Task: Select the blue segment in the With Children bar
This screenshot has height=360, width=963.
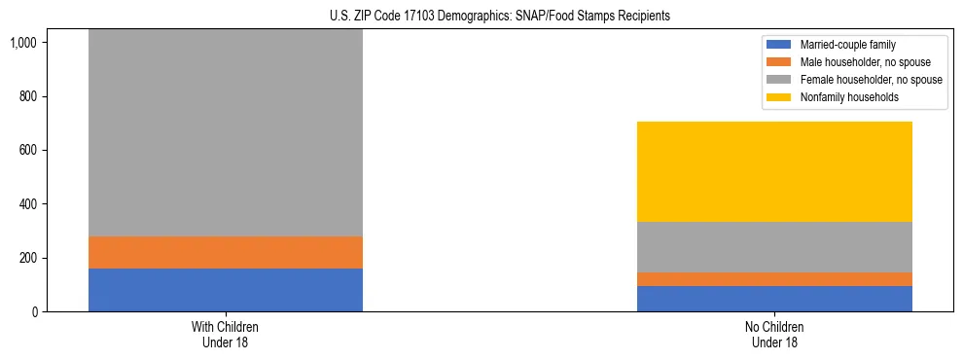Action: click(226, 290)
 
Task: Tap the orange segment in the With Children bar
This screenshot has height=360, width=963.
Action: click(226, 252)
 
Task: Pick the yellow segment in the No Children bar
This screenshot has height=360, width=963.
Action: click(774, 171)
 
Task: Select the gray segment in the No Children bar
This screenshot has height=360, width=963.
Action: click(774, 247)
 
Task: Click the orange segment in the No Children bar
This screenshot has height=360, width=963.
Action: click(774, 279)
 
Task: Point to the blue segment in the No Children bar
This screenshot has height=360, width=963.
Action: click(774, 299)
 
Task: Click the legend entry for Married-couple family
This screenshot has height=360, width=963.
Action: click(848, 45)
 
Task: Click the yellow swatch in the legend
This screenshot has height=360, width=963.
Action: click(779, 97)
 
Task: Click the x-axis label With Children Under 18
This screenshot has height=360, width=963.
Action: click(226, 335)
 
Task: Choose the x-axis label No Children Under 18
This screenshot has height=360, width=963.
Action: click(774, 335)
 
